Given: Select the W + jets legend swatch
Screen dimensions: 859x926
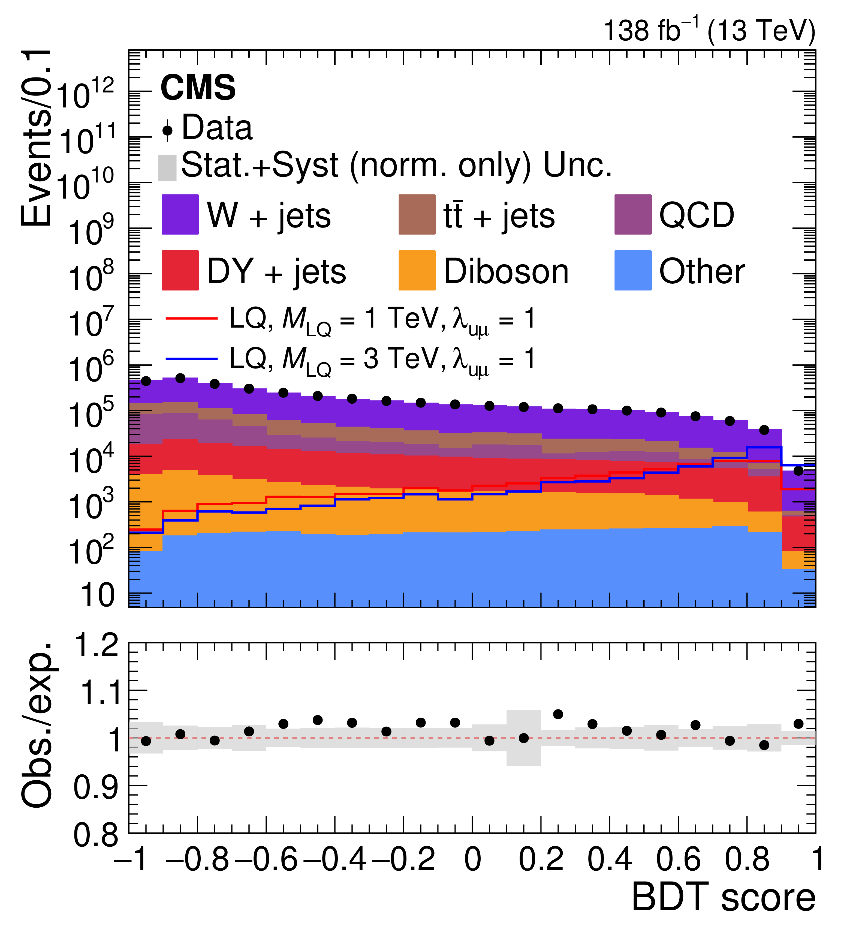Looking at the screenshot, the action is click(x=180, y=214).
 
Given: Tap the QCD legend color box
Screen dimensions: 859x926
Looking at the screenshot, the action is click(x=633, y=214).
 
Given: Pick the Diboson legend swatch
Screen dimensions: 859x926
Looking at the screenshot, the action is click(x=417, y=270).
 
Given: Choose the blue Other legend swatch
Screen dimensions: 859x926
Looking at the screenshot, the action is click(x=633, y=270).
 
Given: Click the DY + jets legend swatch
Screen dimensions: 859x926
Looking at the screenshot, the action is click(x=180, y=270).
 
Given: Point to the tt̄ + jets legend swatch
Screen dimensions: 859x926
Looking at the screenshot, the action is click(x=417, y=214).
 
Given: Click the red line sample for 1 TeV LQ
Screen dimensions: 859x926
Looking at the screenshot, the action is click(x=191, y=319).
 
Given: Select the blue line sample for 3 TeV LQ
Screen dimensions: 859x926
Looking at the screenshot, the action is click(x=191, y=359).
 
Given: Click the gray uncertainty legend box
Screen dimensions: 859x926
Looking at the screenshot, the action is click(x=167, y=167).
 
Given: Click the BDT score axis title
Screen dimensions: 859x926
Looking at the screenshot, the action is click(x=723, y=897).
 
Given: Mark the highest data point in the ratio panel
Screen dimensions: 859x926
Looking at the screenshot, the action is click(x=558, y=714).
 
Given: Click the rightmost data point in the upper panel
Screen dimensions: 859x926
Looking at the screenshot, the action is click(x=798, y=471).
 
